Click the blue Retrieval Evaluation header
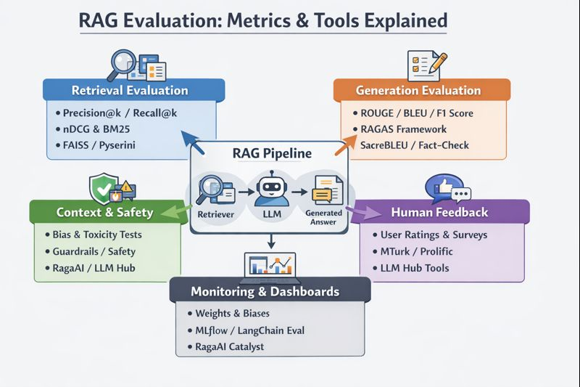tap(130, 91)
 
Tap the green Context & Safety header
tap(104, 212)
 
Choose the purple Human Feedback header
tap(439, 212)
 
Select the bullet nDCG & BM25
tap(102, 129)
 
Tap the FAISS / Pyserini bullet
tap(104, 145)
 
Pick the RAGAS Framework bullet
tap(403, 129)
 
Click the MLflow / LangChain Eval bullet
tap(249, 330)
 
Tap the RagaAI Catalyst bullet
tap(231, 346)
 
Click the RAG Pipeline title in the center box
tap(272, 153)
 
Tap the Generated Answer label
tap(318, 218)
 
